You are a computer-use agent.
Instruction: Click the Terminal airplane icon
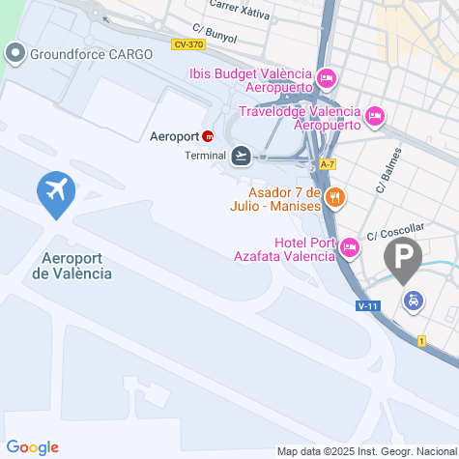click(x=241, y=155)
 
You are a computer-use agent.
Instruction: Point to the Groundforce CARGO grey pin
click(x=17, y=53)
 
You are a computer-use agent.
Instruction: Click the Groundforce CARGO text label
click(x=91, y=54)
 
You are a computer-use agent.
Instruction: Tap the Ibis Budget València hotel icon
click(x=326, y=76)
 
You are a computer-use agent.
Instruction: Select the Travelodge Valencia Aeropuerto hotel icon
click(x=375, y=117)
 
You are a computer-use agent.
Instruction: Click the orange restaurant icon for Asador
click(x=334, y=197)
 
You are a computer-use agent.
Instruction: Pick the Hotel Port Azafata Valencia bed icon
click(x=350, y=249)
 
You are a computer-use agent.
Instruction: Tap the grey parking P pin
click(x=403, y=258)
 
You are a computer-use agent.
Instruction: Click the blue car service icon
click(x=413, y=301)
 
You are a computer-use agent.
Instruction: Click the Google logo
click(x=32, y=446)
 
